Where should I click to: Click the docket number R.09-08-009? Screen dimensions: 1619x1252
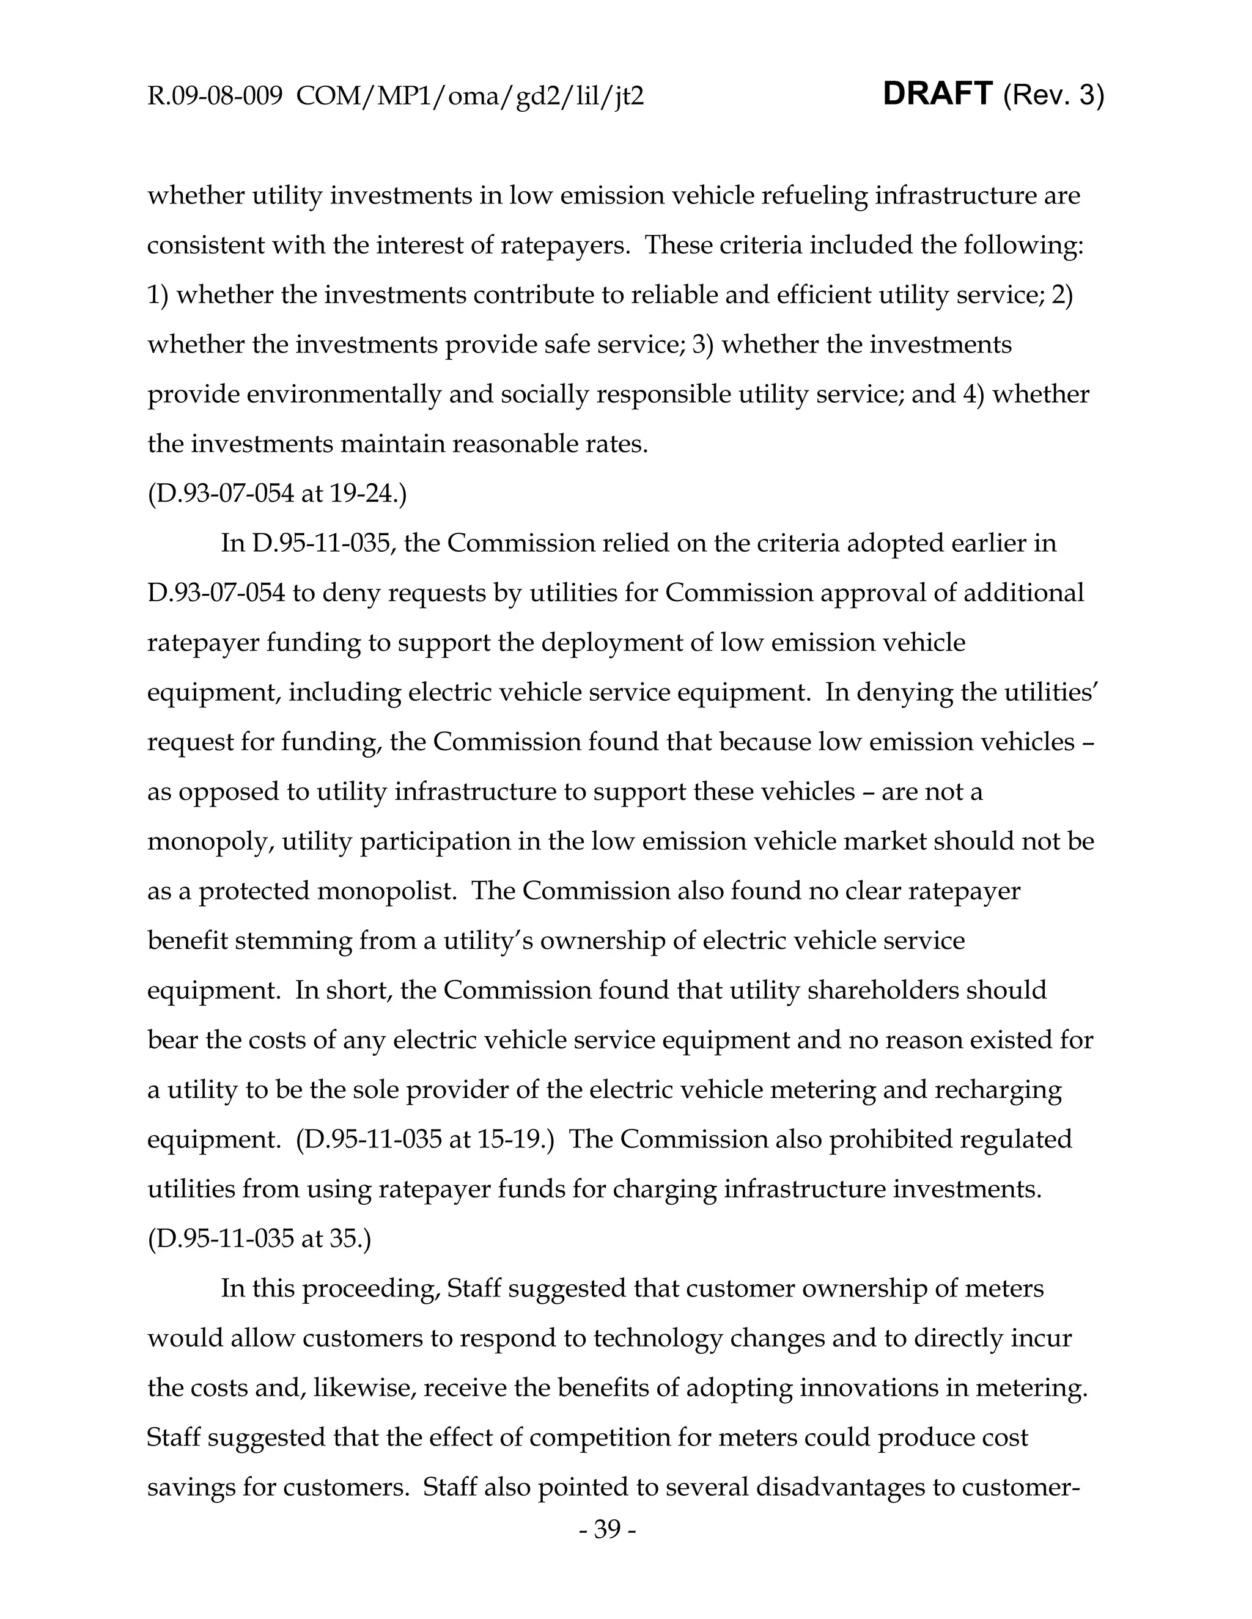(x=215, y=97)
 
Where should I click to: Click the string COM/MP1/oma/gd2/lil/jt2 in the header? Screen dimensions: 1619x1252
(x=469, y=97)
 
